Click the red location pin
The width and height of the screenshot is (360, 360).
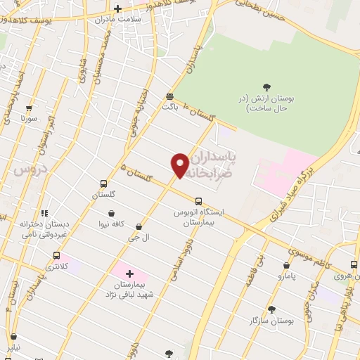coord(180,165)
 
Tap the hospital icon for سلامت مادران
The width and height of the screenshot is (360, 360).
coord(117,8)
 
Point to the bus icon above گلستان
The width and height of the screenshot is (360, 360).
coord(103,183)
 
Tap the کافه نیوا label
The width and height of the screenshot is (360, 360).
coord(111,224)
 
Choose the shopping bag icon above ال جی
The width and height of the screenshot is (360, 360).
coord(139,227)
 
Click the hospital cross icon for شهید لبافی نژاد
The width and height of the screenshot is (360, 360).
coord(129,273)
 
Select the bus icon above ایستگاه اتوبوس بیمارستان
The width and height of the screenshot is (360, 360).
coord(198,200)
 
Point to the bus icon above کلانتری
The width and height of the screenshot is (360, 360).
coord(57,256)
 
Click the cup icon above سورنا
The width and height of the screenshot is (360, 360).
coord(29,108)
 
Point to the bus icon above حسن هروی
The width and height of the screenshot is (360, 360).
coord(354,265)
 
